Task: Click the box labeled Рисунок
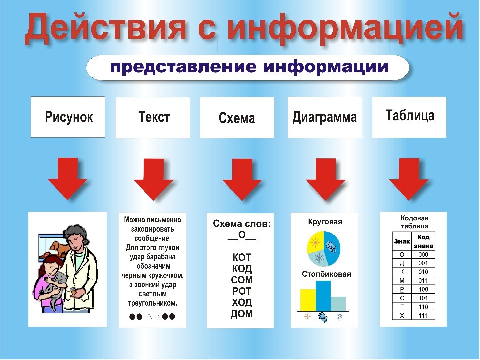pyautogui.click(x=68, y=117)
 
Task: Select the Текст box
pyautogui.click(x=153, y=118)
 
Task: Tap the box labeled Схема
pyautogui.click(x=237, y=118)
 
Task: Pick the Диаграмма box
pyautogui.click(x=325, y=117)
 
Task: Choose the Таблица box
pyautogui.click(x=409, y=117)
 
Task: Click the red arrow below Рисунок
pyautogui.click(x=67, y=178)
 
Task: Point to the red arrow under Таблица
pyautogui.click(x=409, y=179)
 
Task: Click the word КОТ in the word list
pyautogui.click(x=242, y=257)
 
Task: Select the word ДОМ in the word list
pyautogui.click(x=242, y=314)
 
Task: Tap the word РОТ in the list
pyautogui.click(x=242, y=291)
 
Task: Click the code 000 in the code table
pyautogui.click(x=423, y=254)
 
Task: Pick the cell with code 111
pyautogui.click(x=423, y=316)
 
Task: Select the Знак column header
pyautogui.click(x=402, y=241)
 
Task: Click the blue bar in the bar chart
pyautogui.click(x=323, y=296)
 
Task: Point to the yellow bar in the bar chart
pyautogui.click(x=308, y=300)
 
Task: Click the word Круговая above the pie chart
pyautogui.click(x=325, y=222)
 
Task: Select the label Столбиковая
pyautogui.click(x=326, y=274)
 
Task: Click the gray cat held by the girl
pyautogui.click(x=56, y=288)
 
